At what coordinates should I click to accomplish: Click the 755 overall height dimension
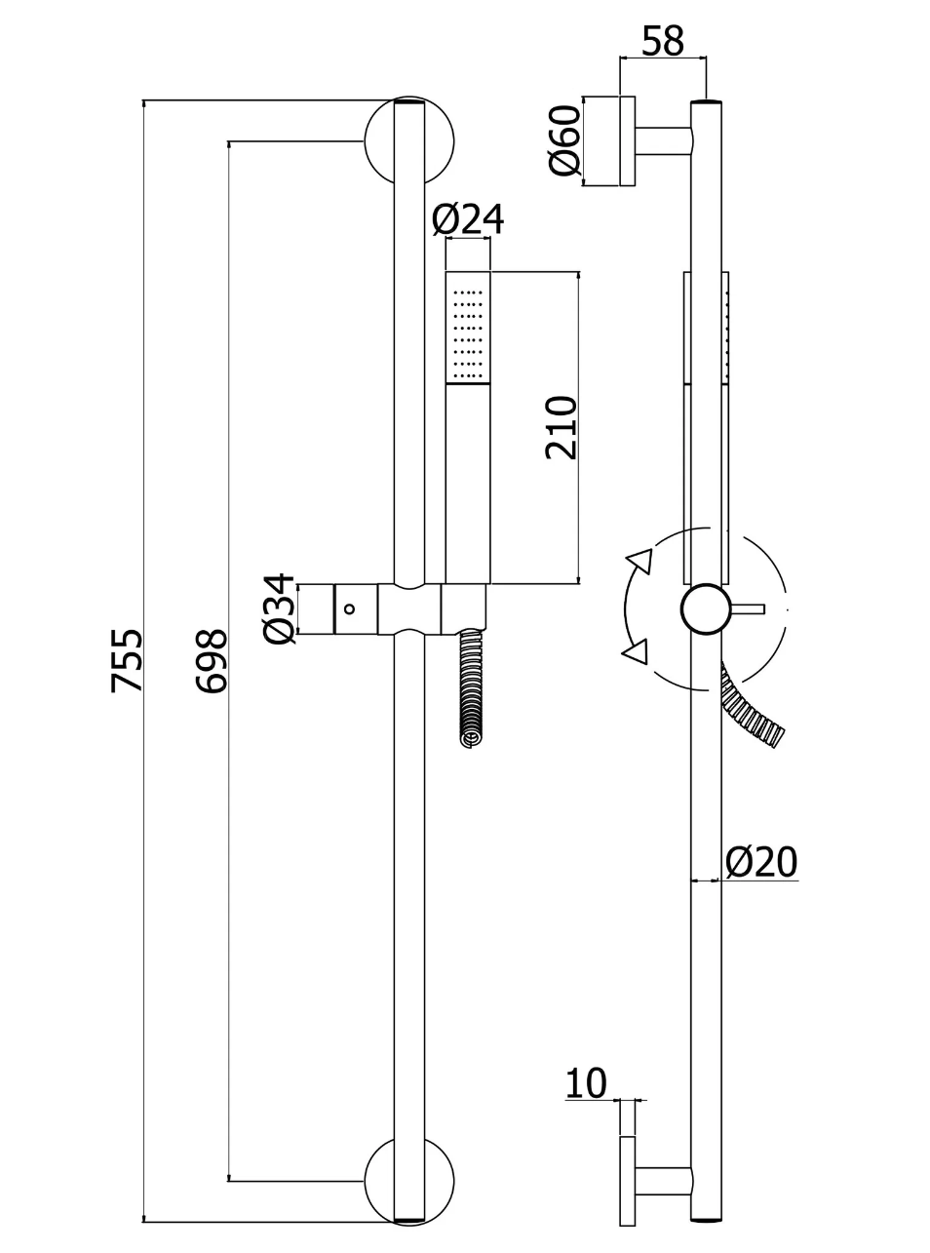127,660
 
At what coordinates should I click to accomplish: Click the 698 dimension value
211,660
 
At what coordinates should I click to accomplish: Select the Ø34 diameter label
279,608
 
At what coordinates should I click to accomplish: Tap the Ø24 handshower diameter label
468,220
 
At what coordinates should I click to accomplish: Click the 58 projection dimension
663,41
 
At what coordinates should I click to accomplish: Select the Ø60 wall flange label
564,139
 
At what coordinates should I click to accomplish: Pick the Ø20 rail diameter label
761,862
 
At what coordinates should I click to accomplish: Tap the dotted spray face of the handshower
468,332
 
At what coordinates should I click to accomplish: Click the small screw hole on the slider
351,608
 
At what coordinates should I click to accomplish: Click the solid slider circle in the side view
705,609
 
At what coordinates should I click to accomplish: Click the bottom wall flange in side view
627,1181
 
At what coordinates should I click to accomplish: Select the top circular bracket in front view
408,141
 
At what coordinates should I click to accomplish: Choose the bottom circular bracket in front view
408,1181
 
